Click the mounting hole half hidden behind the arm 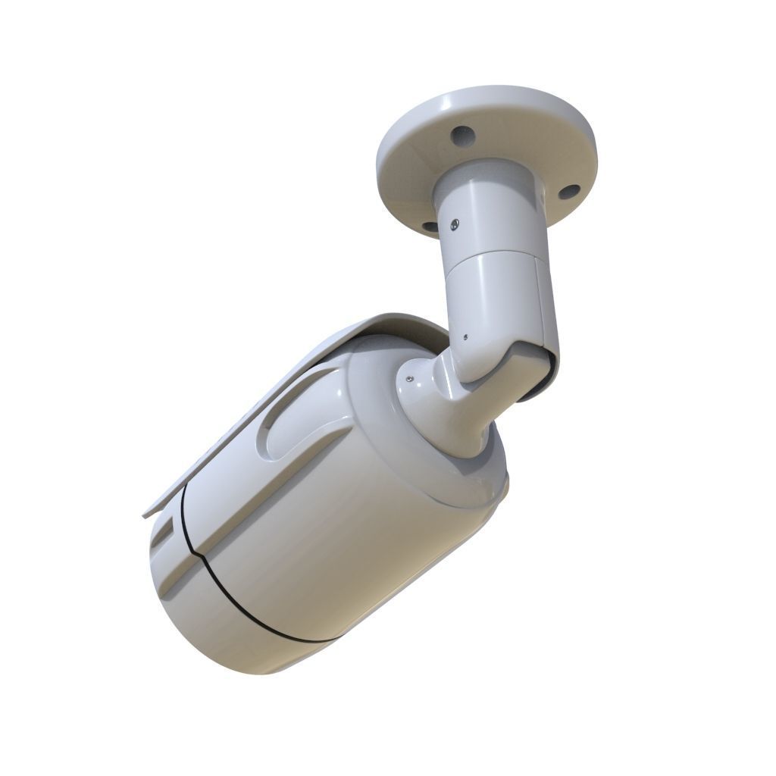click(429, 226)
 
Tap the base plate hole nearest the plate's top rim click(460, 136)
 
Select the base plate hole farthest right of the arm click(569, 192)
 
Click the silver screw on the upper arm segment click(453, 224)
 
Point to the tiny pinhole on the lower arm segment click(465, 338)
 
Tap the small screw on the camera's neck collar click(409, 377)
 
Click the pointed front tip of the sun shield click(144, 515)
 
